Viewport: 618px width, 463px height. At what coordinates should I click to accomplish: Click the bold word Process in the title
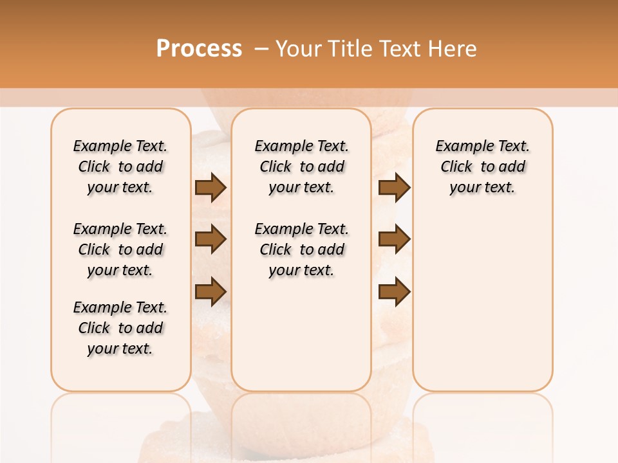point(199,48)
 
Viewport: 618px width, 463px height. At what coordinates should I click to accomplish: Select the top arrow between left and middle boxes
point(211,188)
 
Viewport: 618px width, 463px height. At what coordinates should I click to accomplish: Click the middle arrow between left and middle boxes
point(211,239)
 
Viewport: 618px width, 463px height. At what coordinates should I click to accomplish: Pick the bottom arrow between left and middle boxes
point(211,291)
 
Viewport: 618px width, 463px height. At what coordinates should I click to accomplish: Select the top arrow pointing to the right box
point(394,188)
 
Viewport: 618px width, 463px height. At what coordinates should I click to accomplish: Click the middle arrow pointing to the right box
point(394,239)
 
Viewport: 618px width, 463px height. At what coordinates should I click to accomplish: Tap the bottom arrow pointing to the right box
point(394,291)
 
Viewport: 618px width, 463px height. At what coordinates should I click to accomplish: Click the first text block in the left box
point(120,167)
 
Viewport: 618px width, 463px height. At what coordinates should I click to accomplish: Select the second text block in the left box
point(120,250)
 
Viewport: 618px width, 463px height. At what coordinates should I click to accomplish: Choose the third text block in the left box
point(120,328)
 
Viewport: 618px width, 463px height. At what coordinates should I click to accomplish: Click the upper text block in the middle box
point(301,167)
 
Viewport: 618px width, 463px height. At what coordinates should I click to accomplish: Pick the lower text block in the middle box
point(301,250)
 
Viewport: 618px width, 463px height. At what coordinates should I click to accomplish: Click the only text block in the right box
point(482,167)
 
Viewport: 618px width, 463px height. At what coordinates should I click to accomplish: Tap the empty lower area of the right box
point(482,302)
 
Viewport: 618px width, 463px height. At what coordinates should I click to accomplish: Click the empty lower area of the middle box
point(301,334)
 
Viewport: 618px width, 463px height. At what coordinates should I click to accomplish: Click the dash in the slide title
point(261,49)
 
